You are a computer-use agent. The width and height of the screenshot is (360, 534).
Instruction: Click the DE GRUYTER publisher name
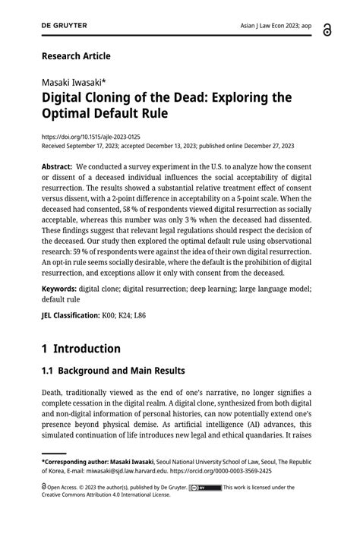[65, 25]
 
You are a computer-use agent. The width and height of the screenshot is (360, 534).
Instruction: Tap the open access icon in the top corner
[327, 27]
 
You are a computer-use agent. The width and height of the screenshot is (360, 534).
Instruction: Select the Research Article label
[76, 56]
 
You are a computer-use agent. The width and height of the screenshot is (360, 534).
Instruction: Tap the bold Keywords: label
[58, 289]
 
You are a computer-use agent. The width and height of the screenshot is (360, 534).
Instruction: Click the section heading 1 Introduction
[81, 349]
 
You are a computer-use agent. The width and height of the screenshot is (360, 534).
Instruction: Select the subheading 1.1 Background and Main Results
[113, 371]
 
